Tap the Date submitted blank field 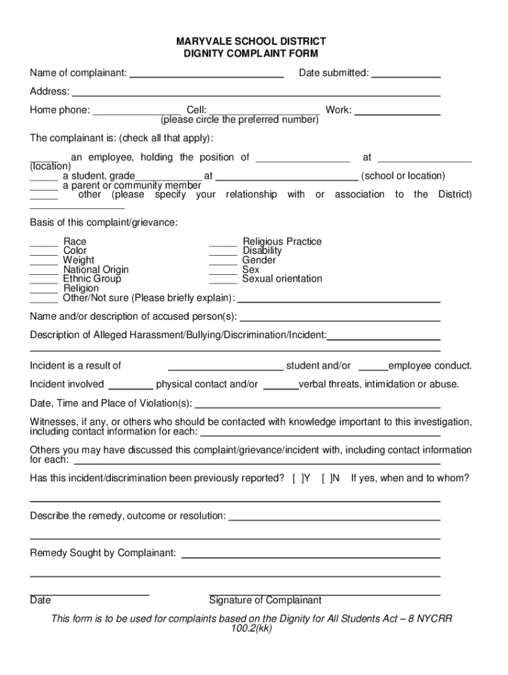406,74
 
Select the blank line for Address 256,92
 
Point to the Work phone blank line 397,111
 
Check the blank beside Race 44,243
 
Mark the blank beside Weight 44,261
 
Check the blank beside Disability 222,252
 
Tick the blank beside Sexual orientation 222,279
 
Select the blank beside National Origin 44,270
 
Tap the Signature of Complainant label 265,601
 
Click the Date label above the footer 40,601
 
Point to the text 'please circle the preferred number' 239,120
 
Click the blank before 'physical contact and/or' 130,385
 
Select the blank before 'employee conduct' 373,367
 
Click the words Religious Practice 282,242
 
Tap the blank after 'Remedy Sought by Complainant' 310,554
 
